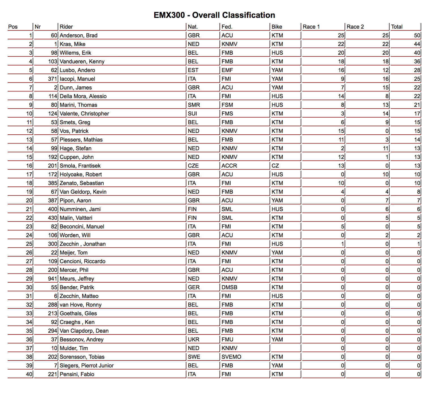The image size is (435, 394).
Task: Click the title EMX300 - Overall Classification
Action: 214,15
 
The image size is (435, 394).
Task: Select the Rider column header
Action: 66,27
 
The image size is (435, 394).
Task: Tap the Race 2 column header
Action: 355,27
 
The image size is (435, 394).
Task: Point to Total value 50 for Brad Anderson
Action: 417,35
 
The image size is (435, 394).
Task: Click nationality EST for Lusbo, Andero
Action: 193,70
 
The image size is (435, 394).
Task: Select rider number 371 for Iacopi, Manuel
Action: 53,79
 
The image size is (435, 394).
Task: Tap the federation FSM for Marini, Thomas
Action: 227,105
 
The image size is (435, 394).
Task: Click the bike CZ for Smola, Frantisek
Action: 275,166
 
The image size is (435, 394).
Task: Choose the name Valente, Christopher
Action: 84,114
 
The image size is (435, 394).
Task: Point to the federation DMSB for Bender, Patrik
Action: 229,287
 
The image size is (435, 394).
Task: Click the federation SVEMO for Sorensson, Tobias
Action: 231,357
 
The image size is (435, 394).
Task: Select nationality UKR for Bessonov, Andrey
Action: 193,340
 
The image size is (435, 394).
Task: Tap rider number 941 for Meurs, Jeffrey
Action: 53,279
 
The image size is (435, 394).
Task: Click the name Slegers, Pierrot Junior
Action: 87,366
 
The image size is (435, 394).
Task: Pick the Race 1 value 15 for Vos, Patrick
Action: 341,131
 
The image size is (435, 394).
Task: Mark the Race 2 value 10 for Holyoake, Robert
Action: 385,174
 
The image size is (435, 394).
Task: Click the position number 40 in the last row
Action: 29,374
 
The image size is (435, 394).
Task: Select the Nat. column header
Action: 193,27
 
